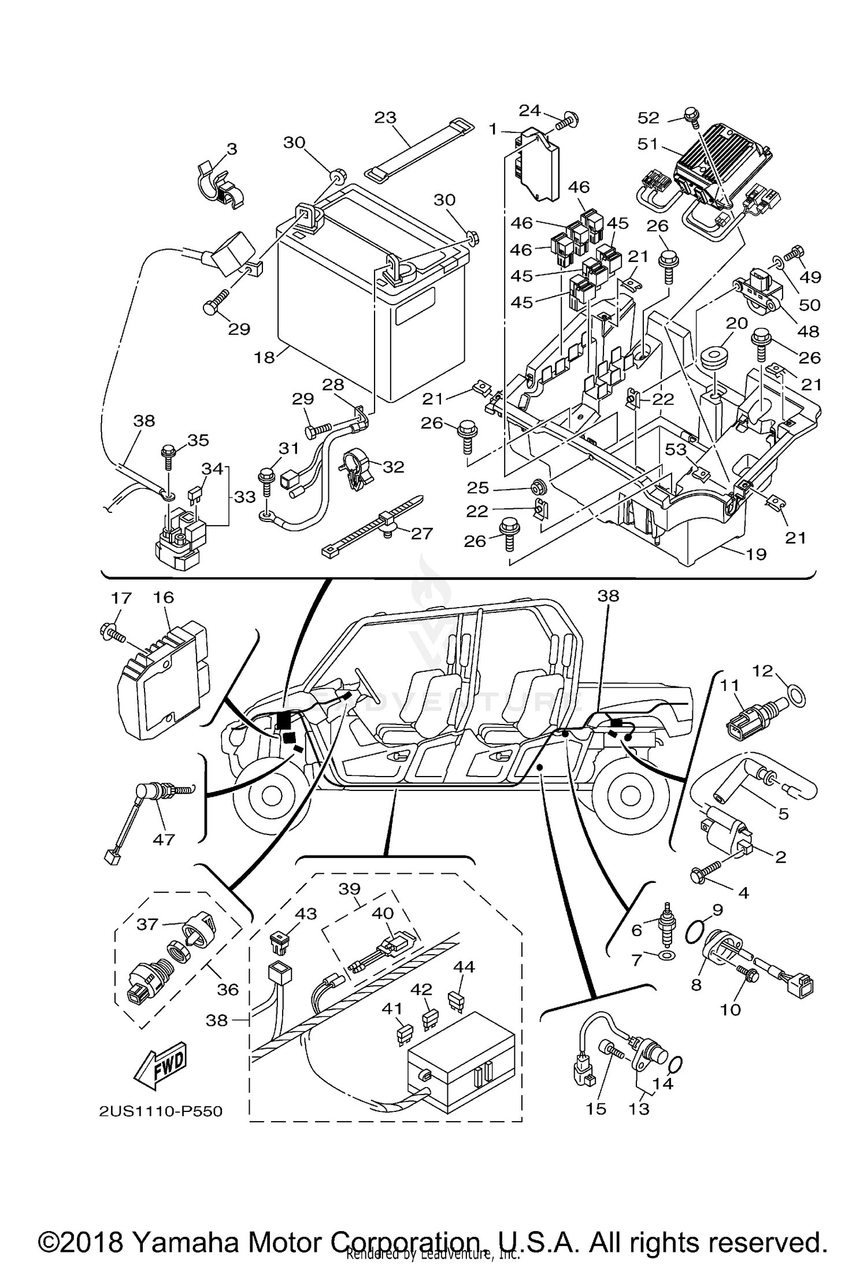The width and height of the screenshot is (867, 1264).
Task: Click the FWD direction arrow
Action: [x=160, y=1065]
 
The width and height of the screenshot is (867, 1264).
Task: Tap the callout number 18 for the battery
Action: [x=264, y=357]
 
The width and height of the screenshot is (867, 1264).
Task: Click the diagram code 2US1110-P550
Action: [x=160, y=1111]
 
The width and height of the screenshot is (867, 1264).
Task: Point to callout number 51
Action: [x=648, y=143]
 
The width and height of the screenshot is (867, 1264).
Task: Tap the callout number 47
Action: [x=164, y=839]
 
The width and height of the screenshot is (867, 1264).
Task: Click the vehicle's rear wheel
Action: [x=633, y=797]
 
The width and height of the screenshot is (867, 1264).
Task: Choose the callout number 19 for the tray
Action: [x=756, y=554]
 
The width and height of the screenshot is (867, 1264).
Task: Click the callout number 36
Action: [x=228, y=989]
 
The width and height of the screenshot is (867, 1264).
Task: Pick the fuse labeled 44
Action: [x=456, y=999]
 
